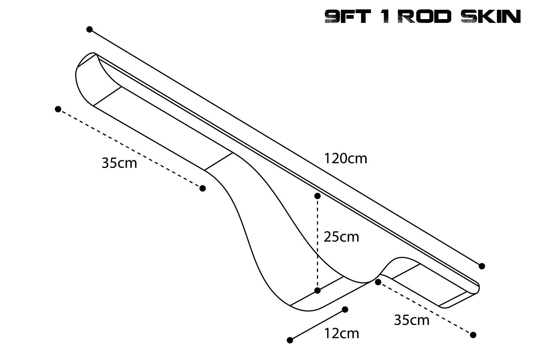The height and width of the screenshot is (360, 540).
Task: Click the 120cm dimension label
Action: [345, 159]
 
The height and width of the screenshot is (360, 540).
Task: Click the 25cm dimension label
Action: [341, 237]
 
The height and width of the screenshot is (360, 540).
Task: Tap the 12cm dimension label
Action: [341, 333]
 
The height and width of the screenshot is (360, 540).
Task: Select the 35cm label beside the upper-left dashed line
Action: [119, 163]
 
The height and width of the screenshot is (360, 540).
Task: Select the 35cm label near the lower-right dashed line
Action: [411, 320]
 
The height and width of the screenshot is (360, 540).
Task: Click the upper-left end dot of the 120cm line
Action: [89, 29]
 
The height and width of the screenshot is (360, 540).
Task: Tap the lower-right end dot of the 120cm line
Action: [482, 266]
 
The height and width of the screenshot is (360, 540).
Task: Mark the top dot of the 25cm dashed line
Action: [317, 196]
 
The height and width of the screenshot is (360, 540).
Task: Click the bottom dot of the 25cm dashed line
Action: [317, 290]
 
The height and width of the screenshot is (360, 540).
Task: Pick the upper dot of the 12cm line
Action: [345, 309]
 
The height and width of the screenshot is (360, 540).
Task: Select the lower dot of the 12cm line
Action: [289, 340]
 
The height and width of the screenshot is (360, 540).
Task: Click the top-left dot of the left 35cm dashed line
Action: [58, 109]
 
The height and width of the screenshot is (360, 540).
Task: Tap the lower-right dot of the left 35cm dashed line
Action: [202, 188]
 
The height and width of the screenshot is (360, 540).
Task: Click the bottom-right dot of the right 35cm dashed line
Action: [473, 335]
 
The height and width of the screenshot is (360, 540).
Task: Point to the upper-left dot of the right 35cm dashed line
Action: [378, 282]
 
